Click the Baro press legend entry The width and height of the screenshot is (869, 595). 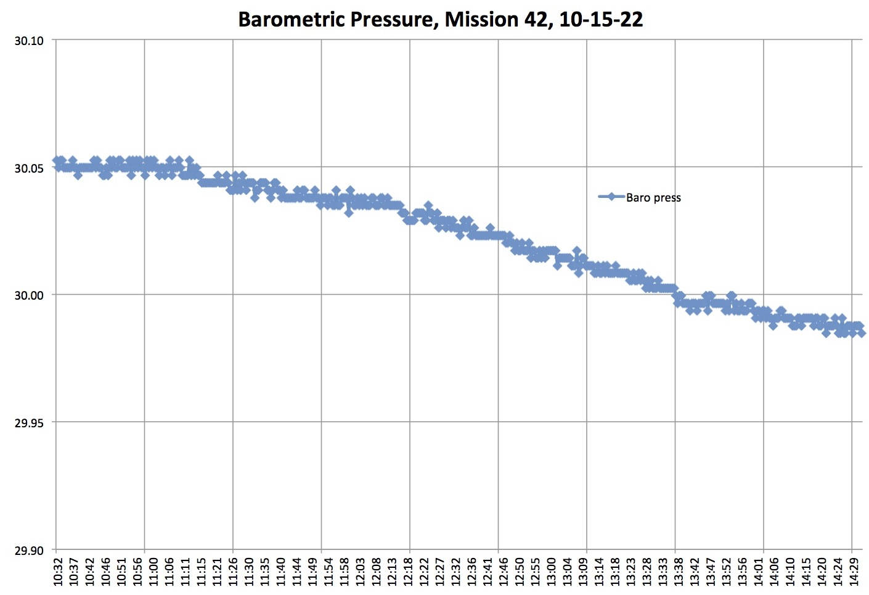pos(653,197)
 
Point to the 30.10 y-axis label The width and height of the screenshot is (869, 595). pos(29,41)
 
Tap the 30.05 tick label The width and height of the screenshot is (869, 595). pos(29,168)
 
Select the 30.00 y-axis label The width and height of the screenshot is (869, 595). pos(29,295)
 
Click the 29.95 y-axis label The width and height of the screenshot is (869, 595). pos(29,423)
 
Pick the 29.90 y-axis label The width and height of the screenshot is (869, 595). pos(29,550)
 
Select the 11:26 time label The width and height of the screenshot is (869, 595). pos(232,572)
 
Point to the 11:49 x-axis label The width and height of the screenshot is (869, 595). pos(312,572)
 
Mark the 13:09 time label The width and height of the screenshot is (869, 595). pos(582,572)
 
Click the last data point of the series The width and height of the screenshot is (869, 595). pos(861,333)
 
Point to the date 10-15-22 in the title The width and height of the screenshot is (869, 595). pos(601,20)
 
